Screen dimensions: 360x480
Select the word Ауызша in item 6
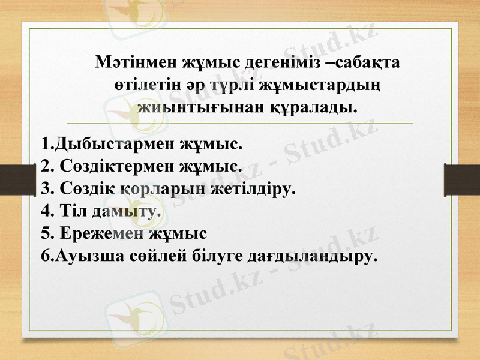[91, 256]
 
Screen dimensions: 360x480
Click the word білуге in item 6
[221, 256]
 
